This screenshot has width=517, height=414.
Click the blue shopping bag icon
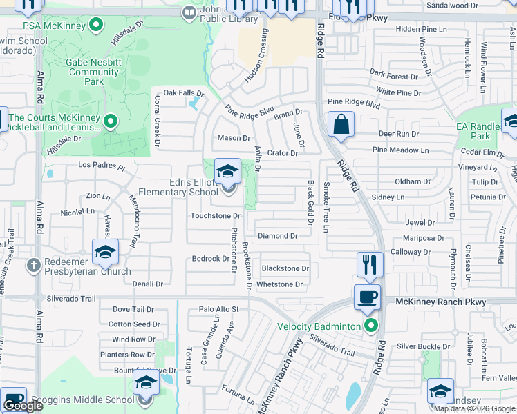point(341,125)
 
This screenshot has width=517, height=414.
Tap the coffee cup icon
point(367,297)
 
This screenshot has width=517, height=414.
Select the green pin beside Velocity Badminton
point(373,326)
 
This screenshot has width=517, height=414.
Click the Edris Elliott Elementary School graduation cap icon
point(227,172)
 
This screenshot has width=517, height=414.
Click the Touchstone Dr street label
point(215,216)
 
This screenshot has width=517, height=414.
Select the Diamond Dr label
point(277,236)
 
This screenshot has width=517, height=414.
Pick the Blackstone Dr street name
point(285,268)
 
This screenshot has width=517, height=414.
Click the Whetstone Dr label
point(279,284)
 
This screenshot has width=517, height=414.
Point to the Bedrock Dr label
point(210,259)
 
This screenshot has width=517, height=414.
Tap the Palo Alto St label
point(218,309)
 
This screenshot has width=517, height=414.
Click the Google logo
point(23,406)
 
